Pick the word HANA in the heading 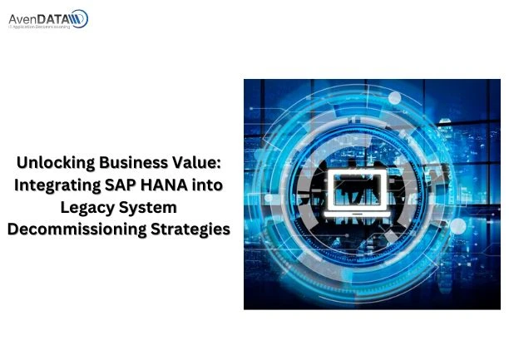click(165, 185)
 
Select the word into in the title click(208, 185)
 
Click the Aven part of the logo click(24, 17)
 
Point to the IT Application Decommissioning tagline click(40, 27)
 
